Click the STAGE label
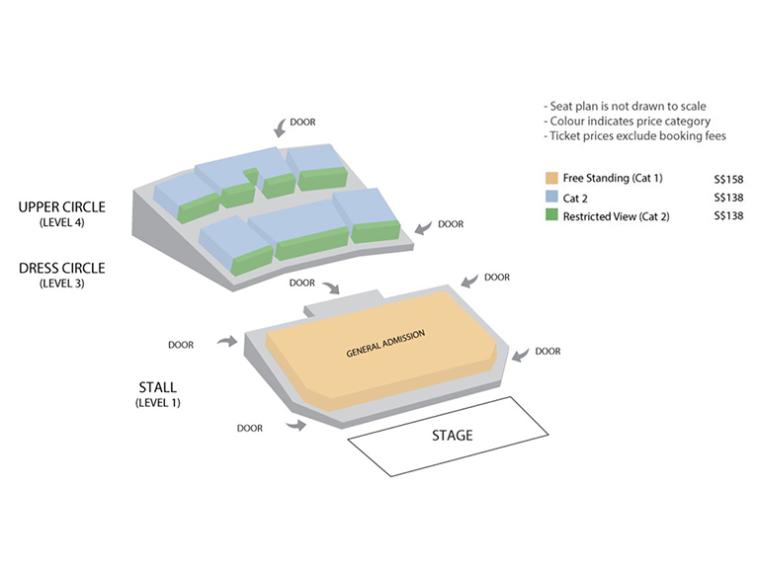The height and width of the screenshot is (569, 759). (453, 436)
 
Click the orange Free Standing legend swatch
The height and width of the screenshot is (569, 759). (551, 179)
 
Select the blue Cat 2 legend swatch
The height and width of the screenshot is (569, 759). (551, 198)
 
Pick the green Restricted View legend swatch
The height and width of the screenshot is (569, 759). (551, 216)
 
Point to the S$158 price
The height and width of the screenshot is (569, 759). (727, 179)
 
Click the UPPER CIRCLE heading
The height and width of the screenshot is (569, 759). (61, 207)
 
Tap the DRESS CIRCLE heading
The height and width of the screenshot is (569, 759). (61, 268)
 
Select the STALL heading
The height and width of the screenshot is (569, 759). (159, 388)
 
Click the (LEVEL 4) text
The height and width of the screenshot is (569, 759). (61, 223)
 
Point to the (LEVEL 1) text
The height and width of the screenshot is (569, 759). (159, 404)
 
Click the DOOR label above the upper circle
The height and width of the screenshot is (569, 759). (304, 122)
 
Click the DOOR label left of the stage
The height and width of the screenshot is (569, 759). (251, 428)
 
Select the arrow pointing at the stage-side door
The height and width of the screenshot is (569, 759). (295, 425)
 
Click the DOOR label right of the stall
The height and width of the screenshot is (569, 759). (548, 352)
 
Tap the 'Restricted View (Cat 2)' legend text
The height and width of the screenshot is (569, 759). (616, 216)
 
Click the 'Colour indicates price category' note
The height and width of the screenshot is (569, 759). (620, 121)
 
